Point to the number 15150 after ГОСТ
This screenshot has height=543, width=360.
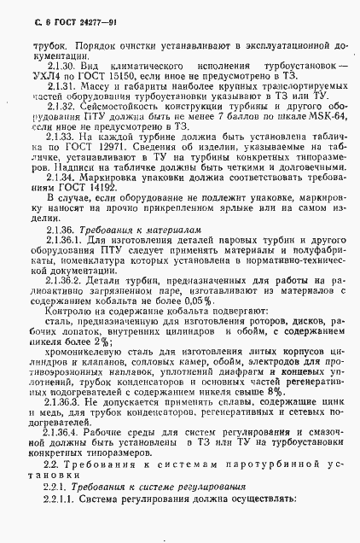pos(118,75)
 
